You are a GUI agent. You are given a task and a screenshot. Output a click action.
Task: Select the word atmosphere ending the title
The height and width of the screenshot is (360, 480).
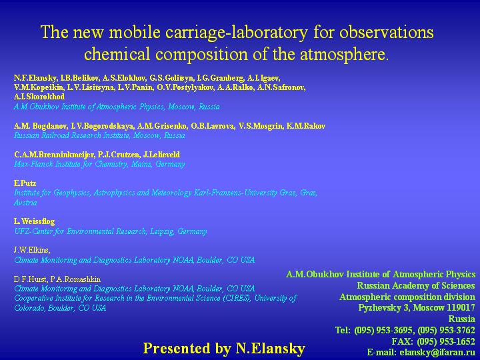pos(342,54)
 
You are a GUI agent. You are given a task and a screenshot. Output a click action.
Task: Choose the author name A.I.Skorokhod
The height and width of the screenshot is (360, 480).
pos(39,97)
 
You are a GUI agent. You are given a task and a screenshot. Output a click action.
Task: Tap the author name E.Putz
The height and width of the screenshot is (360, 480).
pos(25,183)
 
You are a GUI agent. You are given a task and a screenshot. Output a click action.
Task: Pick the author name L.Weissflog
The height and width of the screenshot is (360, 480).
pos(34,221)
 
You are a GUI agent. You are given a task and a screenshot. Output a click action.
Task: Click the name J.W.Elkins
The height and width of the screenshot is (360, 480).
pos(32,250)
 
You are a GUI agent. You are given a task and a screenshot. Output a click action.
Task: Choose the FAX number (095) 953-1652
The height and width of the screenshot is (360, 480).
pos(446,341)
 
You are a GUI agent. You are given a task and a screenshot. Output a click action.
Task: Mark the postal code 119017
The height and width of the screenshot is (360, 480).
pos(461,307)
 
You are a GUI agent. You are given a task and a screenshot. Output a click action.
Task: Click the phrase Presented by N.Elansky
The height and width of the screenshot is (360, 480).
pos(224,349)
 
